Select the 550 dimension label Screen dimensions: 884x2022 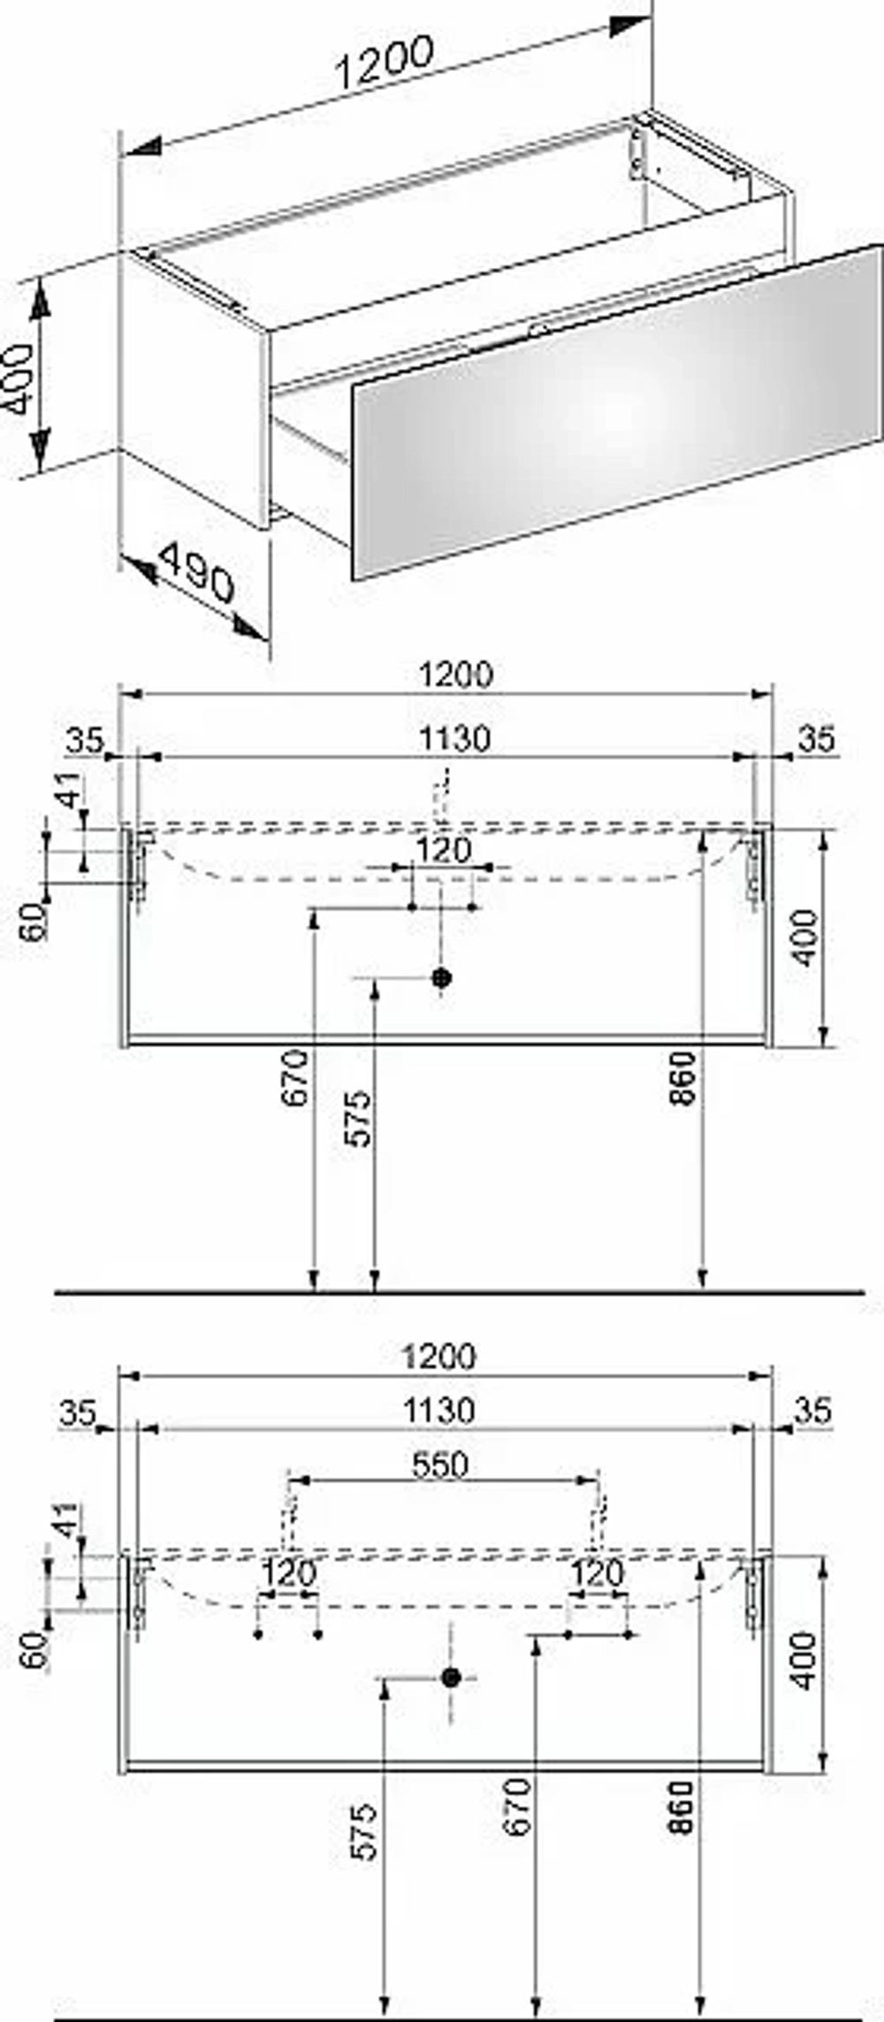[439, 1465]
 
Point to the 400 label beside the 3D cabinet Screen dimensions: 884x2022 [19, 379]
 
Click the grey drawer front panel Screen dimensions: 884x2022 [618, 411]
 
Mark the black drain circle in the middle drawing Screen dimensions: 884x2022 [441, 977]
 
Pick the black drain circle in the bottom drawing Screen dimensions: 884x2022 [451, 1678]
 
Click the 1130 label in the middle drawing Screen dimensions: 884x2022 [453, 739]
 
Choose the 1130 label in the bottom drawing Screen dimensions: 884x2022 [439, 1410]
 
